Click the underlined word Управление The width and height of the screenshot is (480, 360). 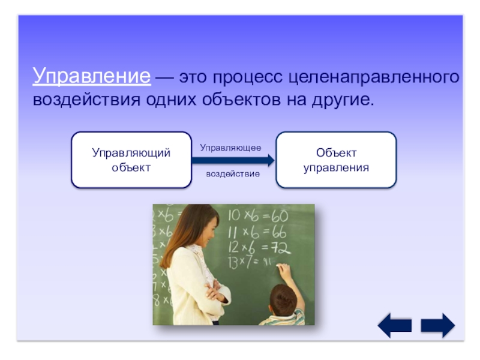click(92, 76)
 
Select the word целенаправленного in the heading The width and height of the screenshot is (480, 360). click(374, 77)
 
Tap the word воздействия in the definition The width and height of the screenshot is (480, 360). click(86, 100)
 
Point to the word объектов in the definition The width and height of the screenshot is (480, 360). click(241, 99)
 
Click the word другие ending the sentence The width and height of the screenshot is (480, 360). click(343, 100)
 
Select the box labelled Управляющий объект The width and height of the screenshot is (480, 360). click(131, 160)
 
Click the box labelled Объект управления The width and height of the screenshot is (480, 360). click(336, 160)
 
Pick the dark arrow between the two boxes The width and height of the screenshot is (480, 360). click(233, 160)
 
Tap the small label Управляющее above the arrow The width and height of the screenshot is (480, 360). click(230, 148)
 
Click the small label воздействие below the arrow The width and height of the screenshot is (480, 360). click(233, 174)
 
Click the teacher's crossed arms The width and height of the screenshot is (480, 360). click(218, 293)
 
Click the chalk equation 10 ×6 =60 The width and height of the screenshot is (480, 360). click(258, 216)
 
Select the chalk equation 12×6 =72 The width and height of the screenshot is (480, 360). click(259, 247)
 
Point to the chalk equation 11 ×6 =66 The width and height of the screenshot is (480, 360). click(257, 232)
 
